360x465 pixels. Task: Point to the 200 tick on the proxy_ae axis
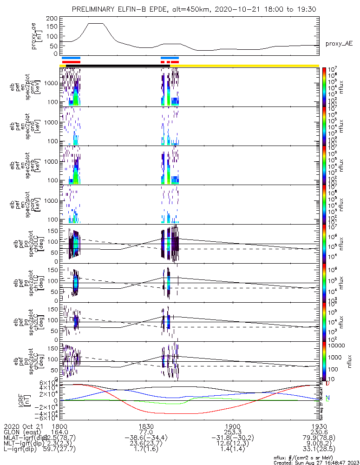pyautogui.click(x=52, y=19)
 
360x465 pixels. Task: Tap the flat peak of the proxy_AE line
pyautogui.click(x=96, y=23)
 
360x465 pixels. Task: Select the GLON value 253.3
pyautogui.click(x=232, y=432)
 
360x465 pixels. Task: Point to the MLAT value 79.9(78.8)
pyautogui.click(x=318, y=438)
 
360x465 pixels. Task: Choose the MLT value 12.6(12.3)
pyautogui.click(x=232, y=445)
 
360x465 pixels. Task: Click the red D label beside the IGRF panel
pyautogui.click(x=327, y=384)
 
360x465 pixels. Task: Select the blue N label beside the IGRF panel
pyautogui.click(x=327, y=398)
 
